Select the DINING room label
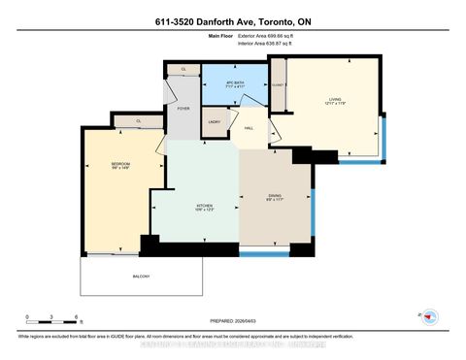click(x=275, y=197)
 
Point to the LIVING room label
click(x=335, y=100)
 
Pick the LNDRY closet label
click(x=215, y=121)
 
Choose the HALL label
click(x=249, y=127)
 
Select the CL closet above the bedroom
click(x=139, y=121)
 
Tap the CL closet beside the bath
click(x=184, y=69)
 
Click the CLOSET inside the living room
click(x=278, y=85)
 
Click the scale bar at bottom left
click(x=52, y=319)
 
